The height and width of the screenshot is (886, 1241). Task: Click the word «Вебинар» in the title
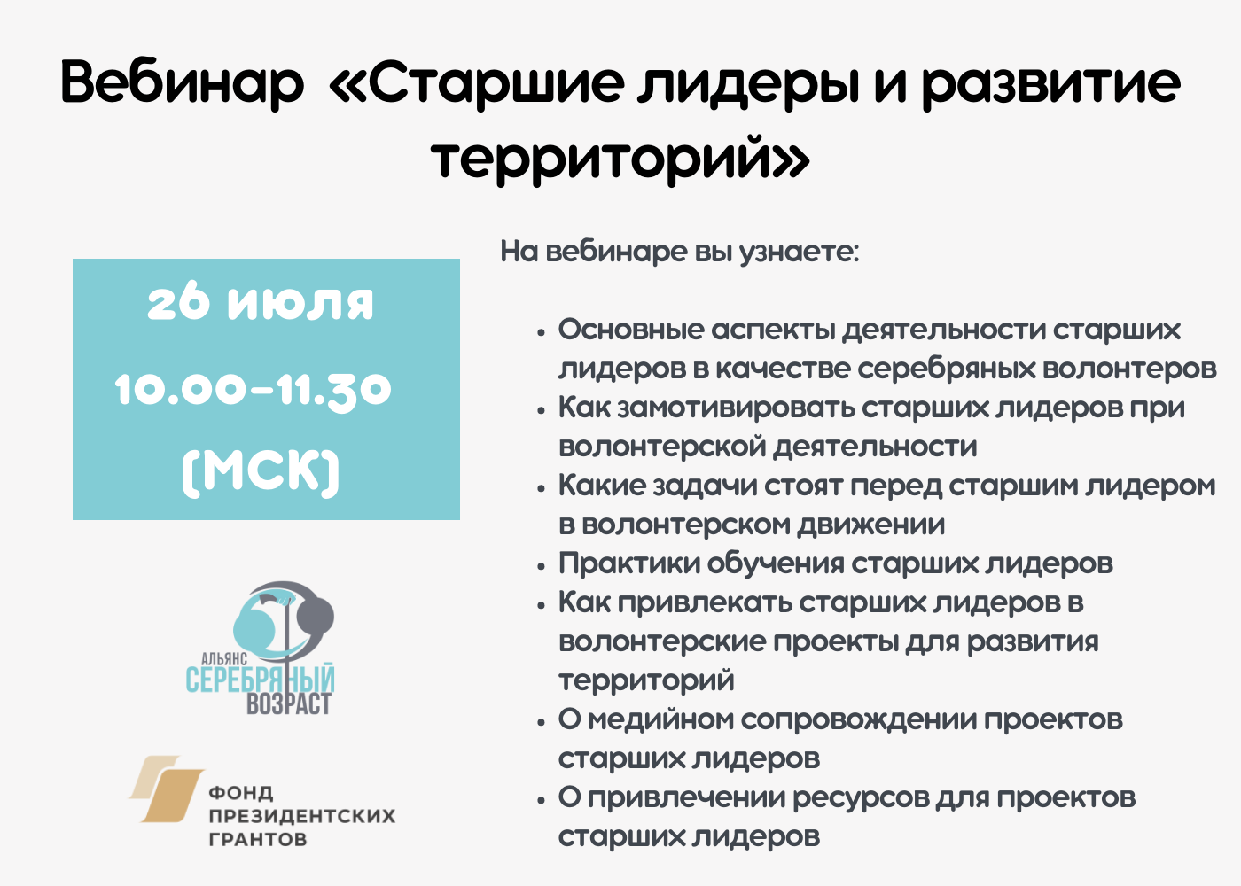(182, 82)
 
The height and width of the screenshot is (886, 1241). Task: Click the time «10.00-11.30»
(254, 389)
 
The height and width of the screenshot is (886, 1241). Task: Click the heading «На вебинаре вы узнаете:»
(680, 252)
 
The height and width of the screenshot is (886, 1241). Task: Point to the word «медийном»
(660, 719)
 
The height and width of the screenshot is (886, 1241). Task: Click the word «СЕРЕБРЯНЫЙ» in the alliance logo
(260, 680)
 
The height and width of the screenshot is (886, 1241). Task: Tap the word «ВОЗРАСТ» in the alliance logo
(288, 704)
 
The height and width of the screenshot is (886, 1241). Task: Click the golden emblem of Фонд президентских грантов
(167, 789)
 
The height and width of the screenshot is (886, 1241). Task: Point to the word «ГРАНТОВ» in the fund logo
(258, 839)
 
